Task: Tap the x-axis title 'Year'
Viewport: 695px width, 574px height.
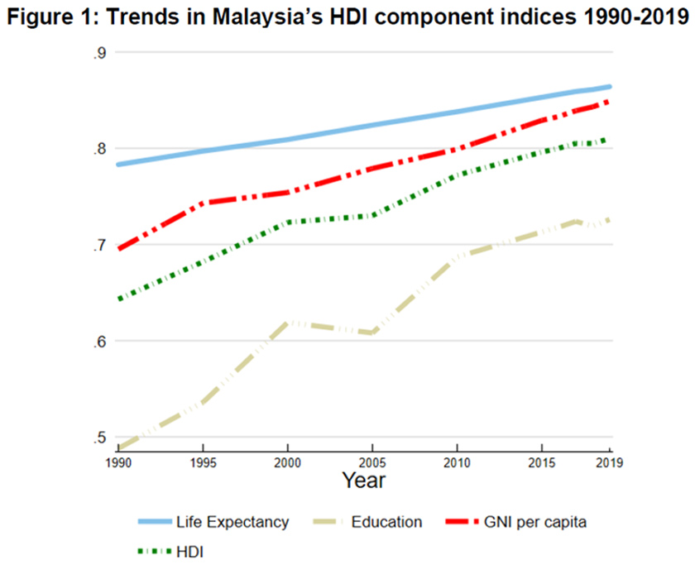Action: [363, 479]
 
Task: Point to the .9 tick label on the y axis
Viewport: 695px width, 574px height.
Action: [101, 53]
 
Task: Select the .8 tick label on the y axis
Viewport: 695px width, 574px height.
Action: [101, 149]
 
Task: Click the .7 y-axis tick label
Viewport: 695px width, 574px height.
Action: [101, 245]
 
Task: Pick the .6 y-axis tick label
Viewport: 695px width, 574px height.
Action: [101, 341]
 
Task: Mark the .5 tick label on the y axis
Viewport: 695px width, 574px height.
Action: [101, 438]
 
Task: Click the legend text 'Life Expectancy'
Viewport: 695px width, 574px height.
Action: [232, 522]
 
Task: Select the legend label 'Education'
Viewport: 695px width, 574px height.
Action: [387, 522]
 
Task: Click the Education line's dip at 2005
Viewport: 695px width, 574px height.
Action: [373, 332]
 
